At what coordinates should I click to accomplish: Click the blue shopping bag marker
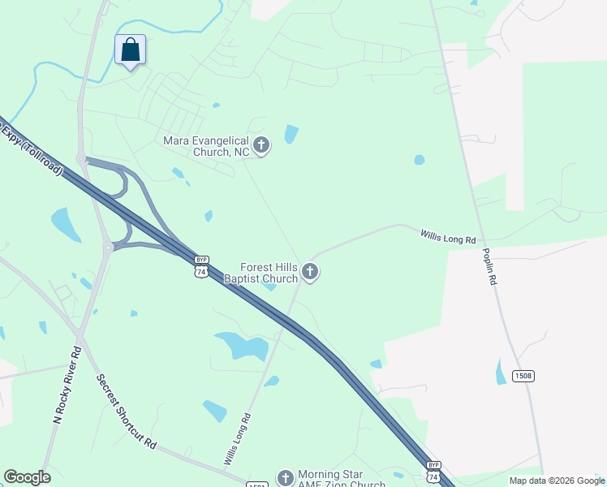click(130, 50)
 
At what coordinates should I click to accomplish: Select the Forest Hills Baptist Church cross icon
click(309, 271)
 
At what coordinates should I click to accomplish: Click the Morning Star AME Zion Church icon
click(284, 477)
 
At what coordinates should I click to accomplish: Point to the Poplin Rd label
click(490, 266)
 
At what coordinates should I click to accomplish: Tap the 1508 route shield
click(523, 376)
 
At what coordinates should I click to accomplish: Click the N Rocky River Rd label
click(67, 386)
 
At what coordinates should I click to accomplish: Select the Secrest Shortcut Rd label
click(127, 412)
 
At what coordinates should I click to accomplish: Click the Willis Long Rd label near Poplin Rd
click(447, 237)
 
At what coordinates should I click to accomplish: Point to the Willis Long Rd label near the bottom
click(237, 439)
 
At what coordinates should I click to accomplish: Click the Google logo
click(27, 477)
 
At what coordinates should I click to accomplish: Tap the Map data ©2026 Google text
click(556, 481)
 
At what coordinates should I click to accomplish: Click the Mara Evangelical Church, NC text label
click(207, 146)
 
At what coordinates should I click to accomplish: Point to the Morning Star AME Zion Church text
click(341, 480)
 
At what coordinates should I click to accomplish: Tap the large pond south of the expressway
click(242, 347)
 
